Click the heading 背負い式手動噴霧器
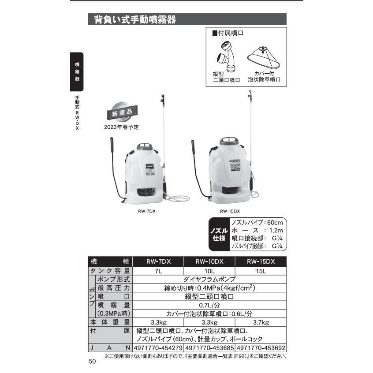135,20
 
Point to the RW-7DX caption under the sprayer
147,211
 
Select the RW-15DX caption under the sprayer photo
230,211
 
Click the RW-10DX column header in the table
209,261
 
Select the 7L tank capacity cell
158,271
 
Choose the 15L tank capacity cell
261,271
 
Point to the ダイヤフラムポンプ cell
209,280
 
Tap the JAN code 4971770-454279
158,348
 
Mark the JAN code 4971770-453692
261,348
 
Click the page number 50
92,362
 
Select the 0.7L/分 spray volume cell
209,305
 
